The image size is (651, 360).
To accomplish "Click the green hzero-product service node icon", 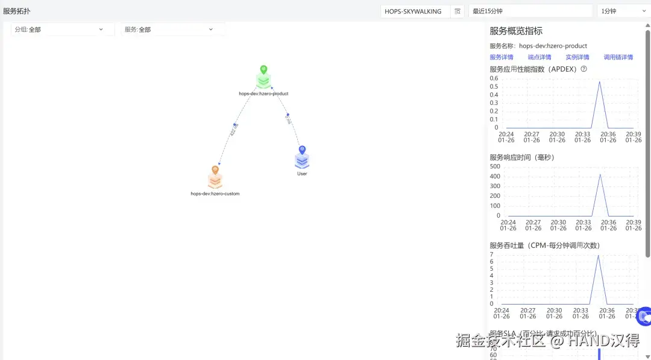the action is click(x=263, y=80).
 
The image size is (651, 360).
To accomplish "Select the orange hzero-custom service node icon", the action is click(x=215, y=179).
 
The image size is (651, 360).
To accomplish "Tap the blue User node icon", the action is click(x=302, y=160).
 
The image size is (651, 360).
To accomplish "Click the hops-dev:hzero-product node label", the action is click(x=263, y=93).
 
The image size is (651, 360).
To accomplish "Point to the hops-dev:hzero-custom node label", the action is click(x=215, y=194).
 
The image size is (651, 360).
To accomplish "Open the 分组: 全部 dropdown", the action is click(x=63, y=29).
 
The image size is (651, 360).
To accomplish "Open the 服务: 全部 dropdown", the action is click(x=173, y=29).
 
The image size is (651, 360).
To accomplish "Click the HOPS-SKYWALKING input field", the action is click(x=415, y=11).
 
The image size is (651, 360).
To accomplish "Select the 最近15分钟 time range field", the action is click(x=530, y=11).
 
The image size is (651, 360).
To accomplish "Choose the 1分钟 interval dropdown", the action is click(x=623, y=11).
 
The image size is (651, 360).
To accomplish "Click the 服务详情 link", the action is click(x=502, y=57).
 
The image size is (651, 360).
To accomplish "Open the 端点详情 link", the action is click(x=539, y=57).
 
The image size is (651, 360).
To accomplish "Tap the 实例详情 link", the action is click(x=577, y=57).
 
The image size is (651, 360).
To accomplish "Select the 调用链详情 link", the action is click(x=618, y=57).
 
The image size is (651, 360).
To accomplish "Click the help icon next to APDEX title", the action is click(x=584, y=69).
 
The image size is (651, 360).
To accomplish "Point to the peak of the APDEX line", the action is click(x=599, y=82).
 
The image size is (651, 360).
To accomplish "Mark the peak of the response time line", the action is click(x=600, y=174).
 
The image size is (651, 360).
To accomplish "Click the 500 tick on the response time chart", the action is click(x=495, y=166).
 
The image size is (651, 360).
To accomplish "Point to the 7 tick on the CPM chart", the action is click(x=492, y=254).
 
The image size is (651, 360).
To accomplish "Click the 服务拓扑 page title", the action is click(x=17, y=11).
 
